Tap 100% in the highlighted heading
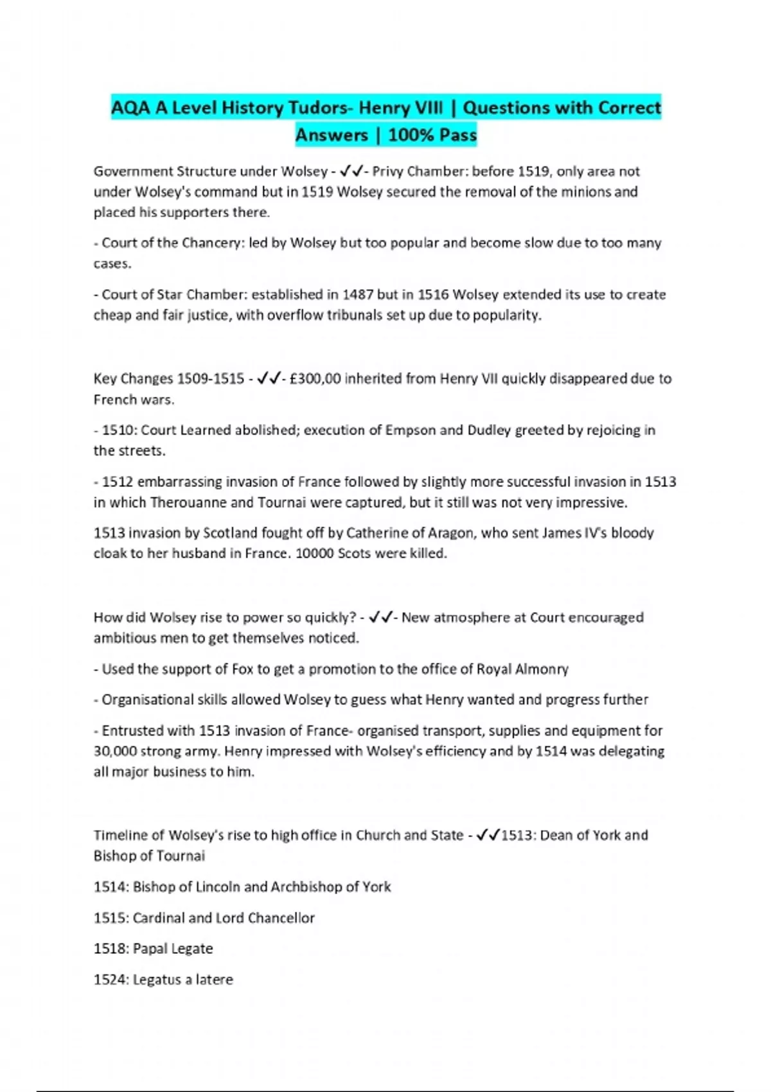tap(409, 135)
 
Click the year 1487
tap(358, 294)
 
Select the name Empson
tap(408, 430)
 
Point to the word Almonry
tap(542, 669)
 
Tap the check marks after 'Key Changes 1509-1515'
tap(268, 378)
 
